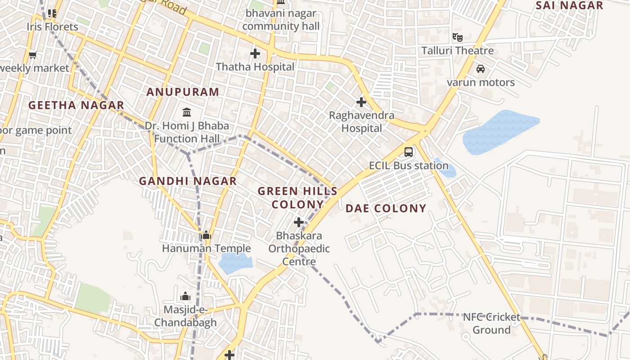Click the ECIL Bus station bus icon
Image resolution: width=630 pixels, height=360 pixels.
409,152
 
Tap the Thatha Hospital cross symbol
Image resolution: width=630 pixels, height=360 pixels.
255,54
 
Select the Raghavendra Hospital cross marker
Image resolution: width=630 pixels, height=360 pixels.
361,102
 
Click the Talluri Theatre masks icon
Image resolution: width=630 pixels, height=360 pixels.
458,37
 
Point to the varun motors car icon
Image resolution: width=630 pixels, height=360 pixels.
481,69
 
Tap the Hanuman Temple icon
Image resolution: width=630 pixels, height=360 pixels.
206,235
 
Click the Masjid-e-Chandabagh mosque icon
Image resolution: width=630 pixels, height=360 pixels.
185,296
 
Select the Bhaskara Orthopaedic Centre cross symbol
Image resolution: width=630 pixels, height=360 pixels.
299,222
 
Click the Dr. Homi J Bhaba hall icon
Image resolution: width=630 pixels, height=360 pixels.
187,112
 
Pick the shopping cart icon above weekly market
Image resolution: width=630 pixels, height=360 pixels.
32,55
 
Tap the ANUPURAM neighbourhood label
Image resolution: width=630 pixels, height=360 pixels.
183,92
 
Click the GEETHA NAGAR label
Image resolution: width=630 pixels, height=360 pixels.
76,105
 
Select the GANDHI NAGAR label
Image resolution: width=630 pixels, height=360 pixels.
188,181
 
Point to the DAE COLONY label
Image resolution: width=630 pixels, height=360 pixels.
386,208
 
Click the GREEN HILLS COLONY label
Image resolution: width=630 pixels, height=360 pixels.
297,198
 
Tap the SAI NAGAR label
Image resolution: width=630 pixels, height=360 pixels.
570,5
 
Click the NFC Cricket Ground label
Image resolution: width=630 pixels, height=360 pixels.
491,324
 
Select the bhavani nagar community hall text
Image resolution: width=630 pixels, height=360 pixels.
281,20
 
